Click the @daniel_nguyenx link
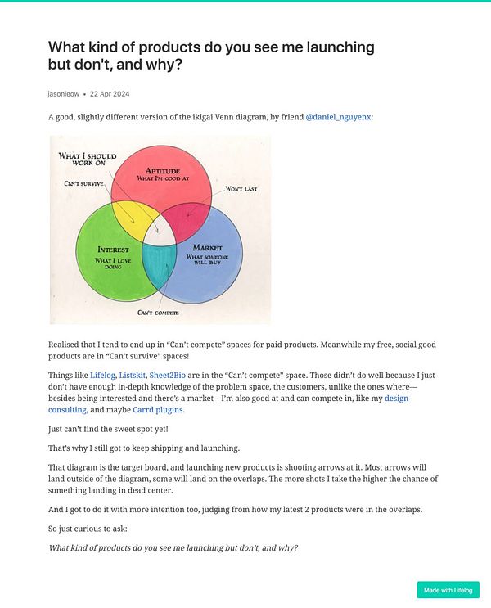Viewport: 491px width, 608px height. tap(339, 117)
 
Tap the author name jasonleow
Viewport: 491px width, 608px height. tap(64, 93)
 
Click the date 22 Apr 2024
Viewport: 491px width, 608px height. tap(110, 93)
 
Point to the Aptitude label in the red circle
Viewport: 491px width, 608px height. tap(162, 170)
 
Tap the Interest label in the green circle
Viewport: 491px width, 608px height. tap(113, 249)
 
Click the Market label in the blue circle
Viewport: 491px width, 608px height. tap(207, 247)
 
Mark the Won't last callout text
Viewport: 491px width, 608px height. tap(241, 189)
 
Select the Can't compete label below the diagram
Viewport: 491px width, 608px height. tap(158, 313)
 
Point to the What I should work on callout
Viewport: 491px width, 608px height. tap(88, 158)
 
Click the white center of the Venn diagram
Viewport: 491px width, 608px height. tap(161, 232)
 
